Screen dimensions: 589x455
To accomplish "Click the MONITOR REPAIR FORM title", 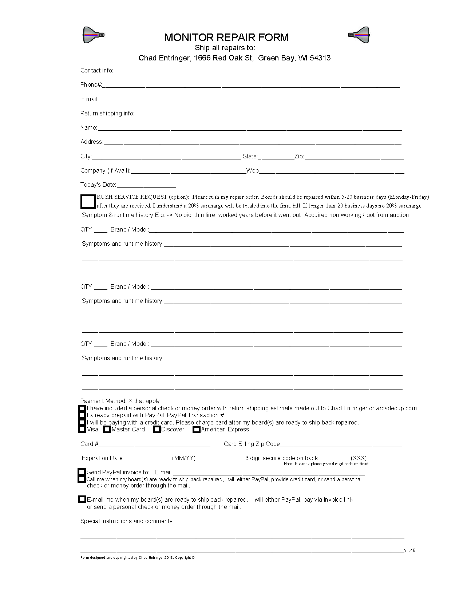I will pyautogui.click(x=226, y=37).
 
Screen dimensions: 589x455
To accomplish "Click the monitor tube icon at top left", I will pyautogui.click(x=94, y=35).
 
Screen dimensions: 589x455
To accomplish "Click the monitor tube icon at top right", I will pyautogui.click(x=359, y=35).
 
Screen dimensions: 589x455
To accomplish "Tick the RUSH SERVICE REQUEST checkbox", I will pyautogui.click(x=88, y=201).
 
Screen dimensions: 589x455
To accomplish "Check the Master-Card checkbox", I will pyautogui.click(x=107, y=430).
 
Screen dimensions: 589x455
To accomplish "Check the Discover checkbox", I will pyautogui.click(x=157, y=430).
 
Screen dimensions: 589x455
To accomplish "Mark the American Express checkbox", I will pyautogui.click(x=197, y=430).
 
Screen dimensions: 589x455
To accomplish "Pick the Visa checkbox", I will pyautogui.click(x=82, y=429).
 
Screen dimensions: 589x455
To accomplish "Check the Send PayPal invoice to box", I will pyautogui.click(x=82, y=472).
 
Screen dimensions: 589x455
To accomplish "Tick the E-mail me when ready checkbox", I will pyautogui.click(x=82, y=499).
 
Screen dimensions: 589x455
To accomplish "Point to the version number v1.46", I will pyautogui.click(x=410, y=550).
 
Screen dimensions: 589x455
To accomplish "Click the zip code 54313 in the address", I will pyautogui.click(x=320, y=58).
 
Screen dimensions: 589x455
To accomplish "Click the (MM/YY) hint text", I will pyautogui.click(x=184, y=458).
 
